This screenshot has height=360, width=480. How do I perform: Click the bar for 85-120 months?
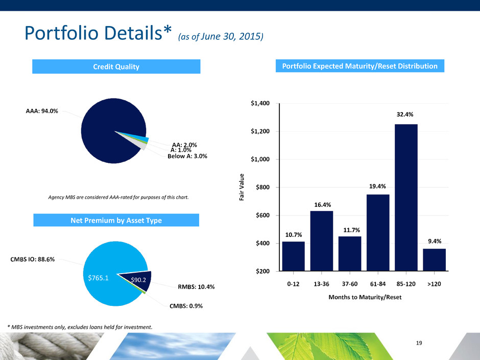click(406, 197)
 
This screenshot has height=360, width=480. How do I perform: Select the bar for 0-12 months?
click(293, 256)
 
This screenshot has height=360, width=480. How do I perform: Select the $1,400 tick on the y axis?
click(264, 104)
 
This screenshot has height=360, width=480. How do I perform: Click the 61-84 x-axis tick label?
click(378, 284)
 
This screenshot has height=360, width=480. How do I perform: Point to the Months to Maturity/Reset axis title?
click(364, 298)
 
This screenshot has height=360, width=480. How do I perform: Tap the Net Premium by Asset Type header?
click(115, 220)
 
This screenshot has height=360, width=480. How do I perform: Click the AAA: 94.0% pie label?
click(41, 111)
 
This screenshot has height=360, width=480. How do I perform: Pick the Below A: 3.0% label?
click(187, 156)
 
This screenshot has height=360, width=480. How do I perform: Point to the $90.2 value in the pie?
click(137, 280)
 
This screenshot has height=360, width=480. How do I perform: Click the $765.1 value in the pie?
click(99, 278)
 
